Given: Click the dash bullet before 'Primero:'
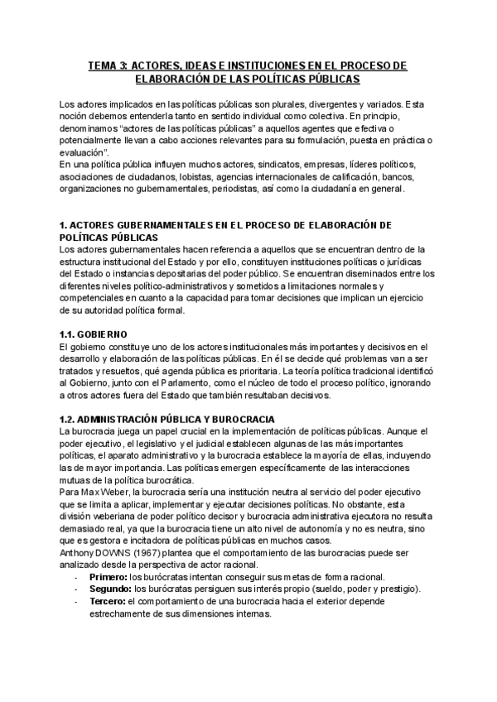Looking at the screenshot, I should click(x=75, y=577).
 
